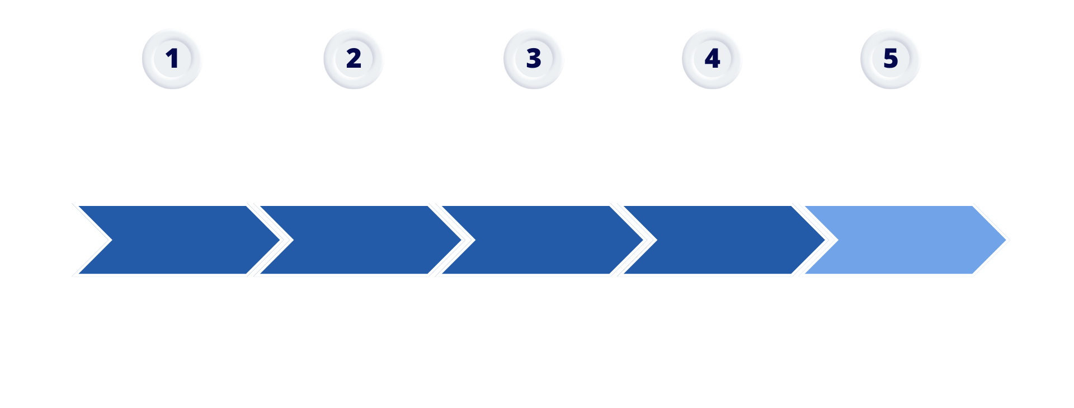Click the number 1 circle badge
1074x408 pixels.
point(172,59)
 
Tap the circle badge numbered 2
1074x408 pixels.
point(354,59)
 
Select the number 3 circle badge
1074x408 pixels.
point(534,59)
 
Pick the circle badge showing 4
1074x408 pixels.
point(712,59)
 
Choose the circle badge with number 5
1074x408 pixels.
point(891,59)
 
